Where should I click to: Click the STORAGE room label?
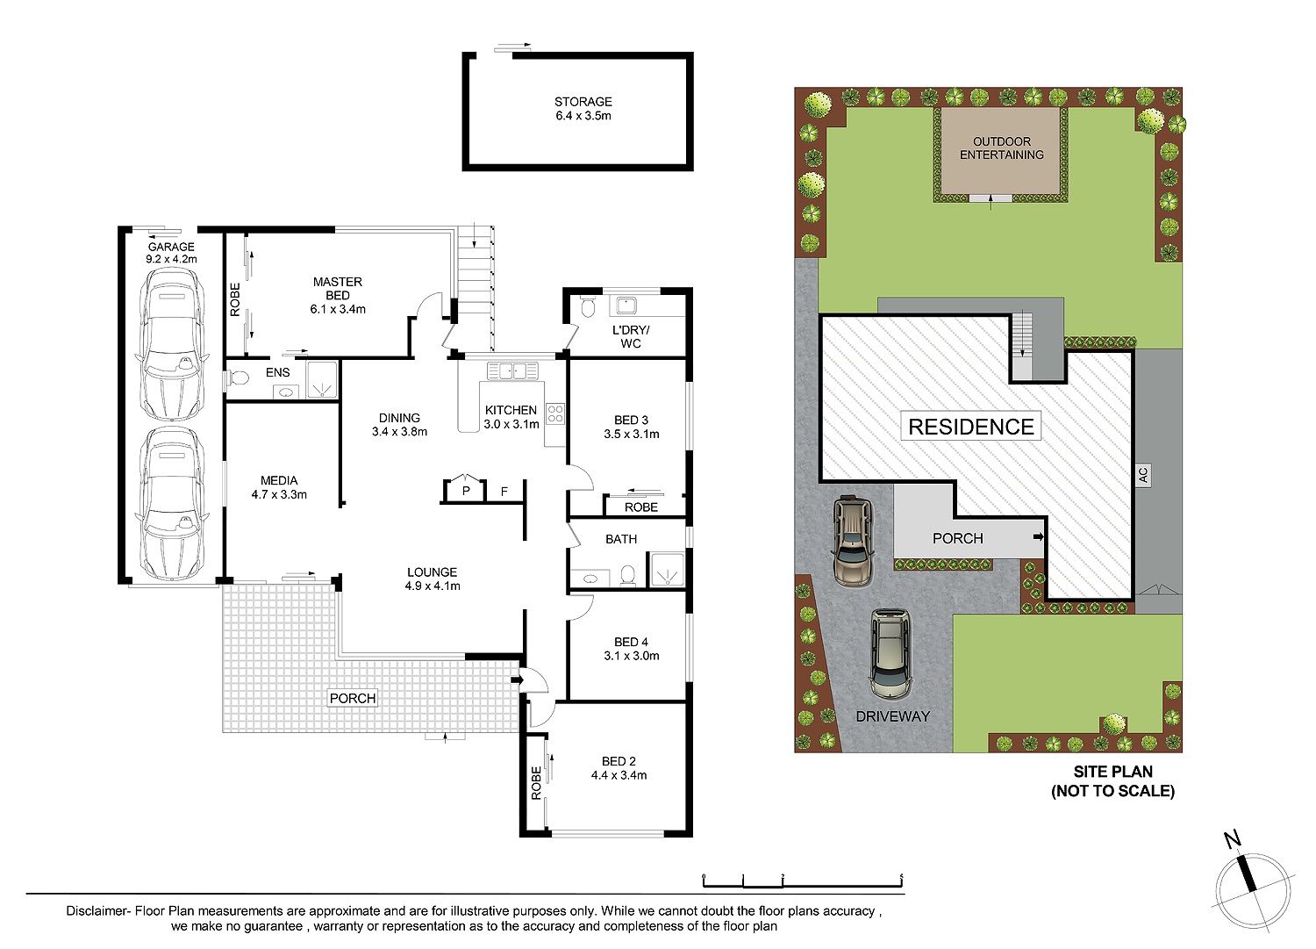click(583, 102)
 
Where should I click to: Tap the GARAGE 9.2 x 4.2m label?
click(171, 253)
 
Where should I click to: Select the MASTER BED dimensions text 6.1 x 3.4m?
click(338, 309)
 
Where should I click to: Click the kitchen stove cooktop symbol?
click(555, 413)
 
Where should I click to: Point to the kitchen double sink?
click(513, 371)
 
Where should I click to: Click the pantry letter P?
click(466, 491)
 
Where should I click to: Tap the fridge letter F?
click(504, 491)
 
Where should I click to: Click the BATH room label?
click(621, 539)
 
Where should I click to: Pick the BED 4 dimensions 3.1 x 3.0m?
click(632, 656)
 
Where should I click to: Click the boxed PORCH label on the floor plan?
click(353, 698)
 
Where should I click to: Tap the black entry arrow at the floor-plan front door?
click(517, 679)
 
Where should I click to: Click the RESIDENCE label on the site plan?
click(971, 427)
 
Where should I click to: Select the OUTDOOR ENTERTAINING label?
click(1002, 148)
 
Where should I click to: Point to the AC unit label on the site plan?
click(1142, 474)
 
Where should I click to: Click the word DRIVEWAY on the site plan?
click(893, 716)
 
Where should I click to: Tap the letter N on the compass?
click(1232, 839)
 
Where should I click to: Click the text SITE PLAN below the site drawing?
click(1113, 772)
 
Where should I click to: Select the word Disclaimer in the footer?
click(97, 910)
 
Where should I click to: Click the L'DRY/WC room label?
click(631, 337)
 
